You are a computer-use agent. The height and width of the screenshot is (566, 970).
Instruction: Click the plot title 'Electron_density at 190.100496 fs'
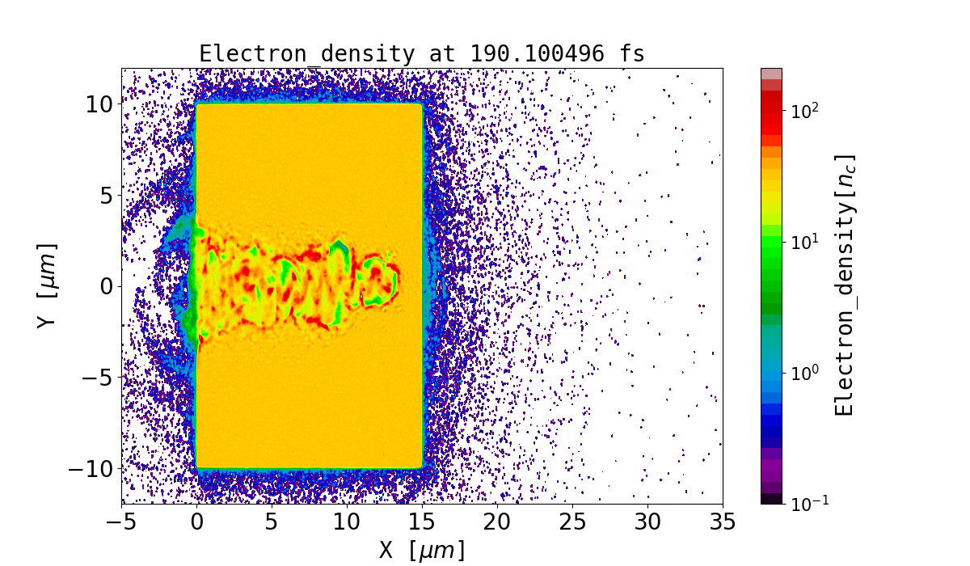click(422, 54)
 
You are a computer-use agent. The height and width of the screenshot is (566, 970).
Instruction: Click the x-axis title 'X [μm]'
click(422, 550)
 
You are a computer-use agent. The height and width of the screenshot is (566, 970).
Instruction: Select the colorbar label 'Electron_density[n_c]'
click(845, 285)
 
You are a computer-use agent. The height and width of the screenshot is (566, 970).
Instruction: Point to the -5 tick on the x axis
click(122, 522)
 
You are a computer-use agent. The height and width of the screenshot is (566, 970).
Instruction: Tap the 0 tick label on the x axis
click(197, 522)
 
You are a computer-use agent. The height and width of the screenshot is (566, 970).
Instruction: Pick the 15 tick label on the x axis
click(422, 522)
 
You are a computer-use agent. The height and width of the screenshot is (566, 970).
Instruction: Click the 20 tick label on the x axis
click(497, 522)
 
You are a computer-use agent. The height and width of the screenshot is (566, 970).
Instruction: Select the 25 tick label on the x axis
click(572, 522)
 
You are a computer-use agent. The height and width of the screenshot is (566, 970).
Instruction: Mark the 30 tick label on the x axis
click(647, 522)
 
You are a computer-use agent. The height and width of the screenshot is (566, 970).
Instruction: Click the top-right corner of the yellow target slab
click(421, 104)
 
